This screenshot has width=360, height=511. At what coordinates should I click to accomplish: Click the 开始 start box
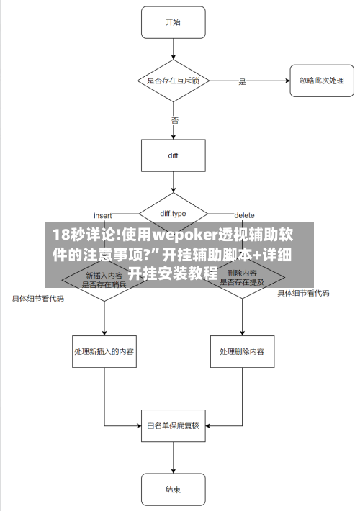click(173, 23)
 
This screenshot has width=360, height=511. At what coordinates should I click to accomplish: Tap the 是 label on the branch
click(242, 82)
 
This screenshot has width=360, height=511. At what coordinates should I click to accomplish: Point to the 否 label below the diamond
click(174, 120)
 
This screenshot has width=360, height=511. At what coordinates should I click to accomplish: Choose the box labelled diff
click(173, 155)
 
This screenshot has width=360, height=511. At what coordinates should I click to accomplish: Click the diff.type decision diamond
click(173, 214)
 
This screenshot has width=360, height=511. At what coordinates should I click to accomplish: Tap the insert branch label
click(103, 215)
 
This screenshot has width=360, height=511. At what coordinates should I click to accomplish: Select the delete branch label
click(244, 215)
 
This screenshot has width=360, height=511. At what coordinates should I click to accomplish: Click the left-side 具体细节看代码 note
click(37, 298)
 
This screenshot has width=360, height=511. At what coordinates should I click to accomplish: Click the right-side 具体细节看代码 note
click(304, 293)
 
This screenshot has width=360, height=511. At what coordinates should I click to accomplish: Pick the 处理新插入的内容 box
click(104, 352)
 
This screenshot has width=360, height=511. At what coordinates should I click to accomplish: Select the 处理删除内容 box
click(242, 352)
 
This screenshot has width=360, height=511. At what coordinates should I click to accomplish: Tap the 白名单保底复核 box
click(173, 425)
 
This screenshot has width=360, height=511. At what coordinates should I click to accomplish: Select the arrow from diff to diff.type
click(173, 183)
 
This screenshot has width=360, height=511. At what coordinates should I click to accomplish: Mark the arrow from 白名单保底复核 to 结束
click(173, 457)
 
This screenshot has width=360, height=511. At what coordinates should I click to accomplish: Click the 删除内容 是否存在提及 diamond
click(242, 278)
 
